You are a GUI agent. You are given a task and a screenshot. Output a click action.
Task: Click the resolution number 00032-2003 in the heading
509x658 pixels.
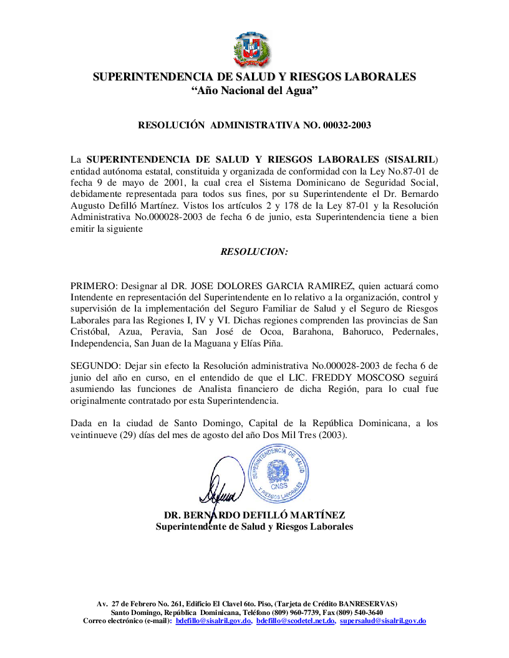click(x=347, y=125)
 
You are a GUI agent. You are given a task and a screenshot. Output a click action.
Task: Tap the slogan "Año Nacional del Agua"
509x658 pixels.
click(x=254, y=91)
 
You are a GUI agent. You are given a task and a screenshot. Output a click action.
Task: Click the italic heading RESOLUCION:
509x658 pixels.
click(x=254, y=252)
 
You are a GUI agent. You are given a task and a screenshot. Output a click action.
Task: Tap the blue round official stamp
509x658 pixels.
click(x=278, y=474)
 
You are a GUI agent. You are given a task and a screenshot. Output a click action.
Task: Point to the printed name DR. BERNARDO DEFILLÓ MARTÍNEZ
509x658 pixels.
click(x=254, y=515)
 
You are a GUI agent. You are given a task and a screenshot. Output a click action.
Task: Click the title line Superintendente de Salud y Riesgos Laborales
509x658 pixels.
click(x=254, y=527)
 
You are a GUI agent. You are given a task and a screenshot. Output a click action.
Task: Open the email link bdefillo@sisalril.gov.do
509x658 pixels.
click(x=213, y=621)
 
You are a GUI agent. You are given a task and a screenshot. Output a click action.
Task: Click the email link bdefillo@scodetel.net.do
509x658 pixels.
click(x=296, y=621)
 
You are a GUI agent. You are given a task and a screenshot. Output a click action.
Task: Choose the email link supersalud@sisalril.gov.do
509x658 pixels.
click(x=383, y=621)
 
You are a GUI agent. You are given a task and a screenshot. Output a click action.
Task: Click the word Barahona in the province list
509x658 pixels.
click(x=318, y=331)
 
